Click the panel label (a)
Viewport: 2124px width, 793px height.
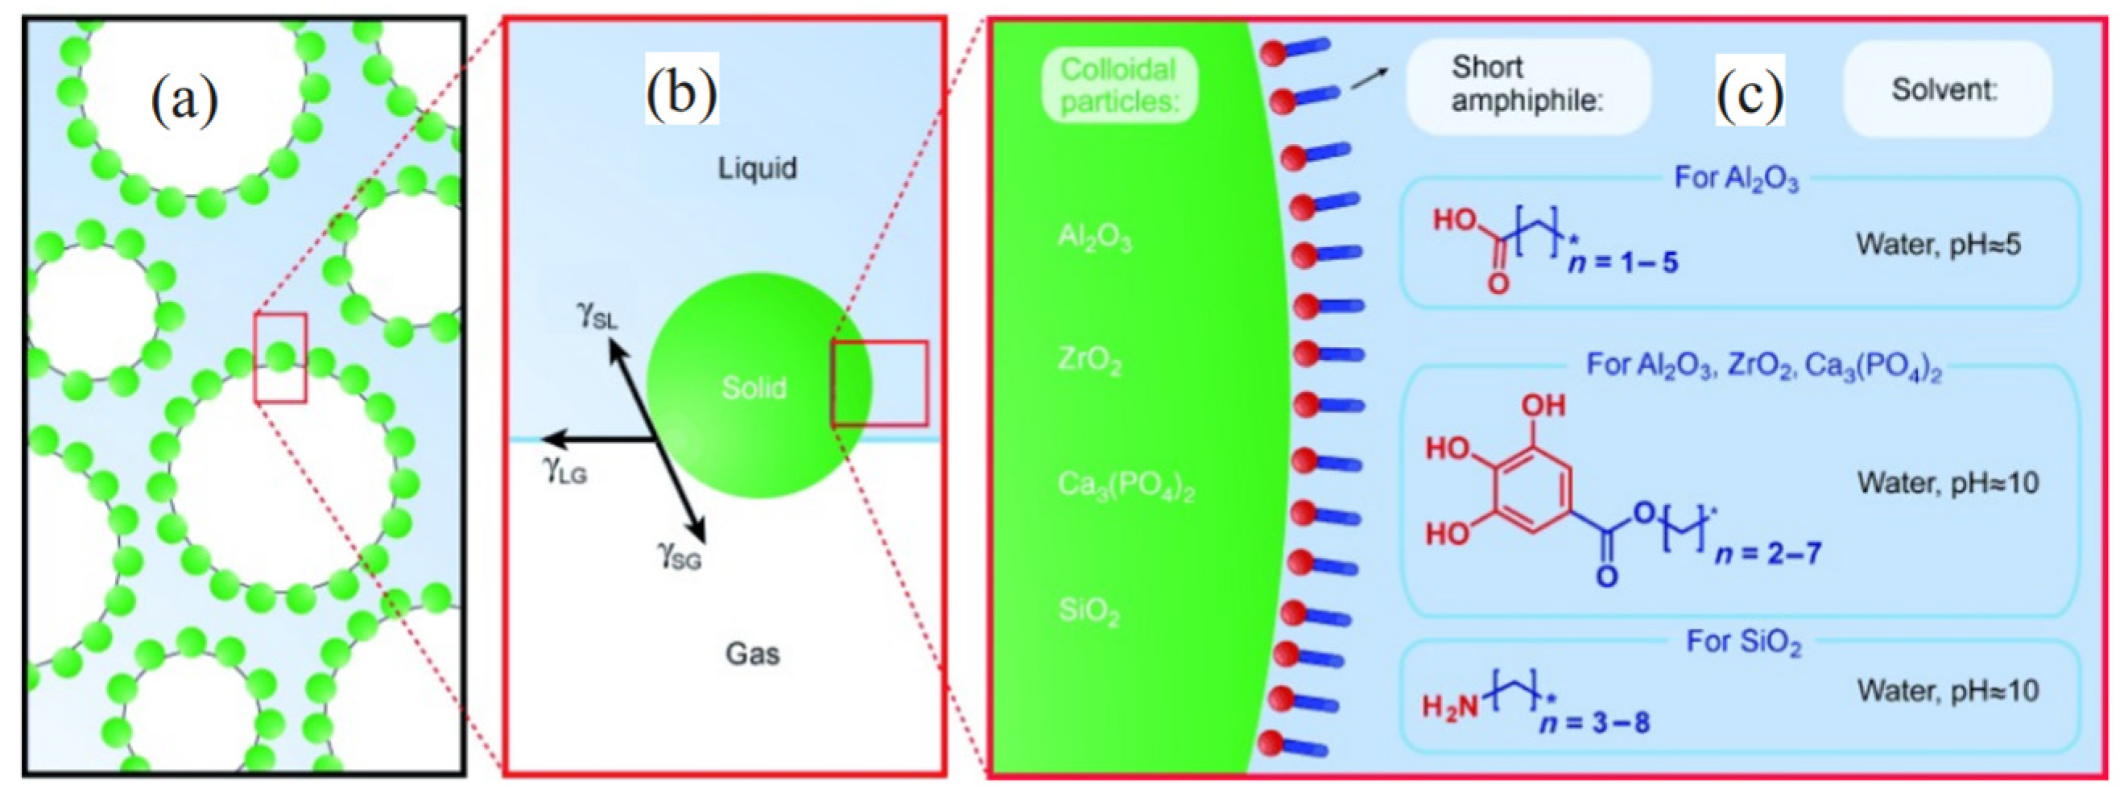[184, 101]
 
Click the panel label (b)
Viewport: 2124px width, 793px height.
[681, 91]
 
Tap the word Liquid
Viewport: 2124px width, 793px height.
[757, 169]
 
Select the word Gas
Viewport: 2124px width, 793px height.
[752, 654]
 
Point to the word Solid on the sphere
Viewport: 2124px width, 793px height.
[754, 387]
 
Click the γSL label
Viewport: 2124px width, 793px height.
[596, 315]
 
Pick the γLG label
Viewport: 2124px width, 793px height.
[564, 470]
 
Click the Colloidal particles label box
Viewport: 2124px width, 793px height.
[1118, 85]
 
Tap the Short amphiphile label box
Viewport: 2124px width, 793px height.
[1528, 85]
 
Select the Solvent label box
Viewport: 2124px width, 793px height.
[1945, 89]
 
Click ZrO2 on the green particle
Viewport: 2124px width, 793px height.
[1089, 361]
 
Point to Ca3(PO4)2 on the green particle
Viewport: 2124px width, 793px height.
[1126, 486]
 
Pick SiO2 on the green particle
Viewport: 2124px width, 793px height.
[1089, 612]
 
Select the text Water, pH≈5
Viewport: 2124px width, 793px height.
[1938, 245]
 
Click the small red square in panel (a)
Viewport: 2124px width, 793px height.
[280, 357]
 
